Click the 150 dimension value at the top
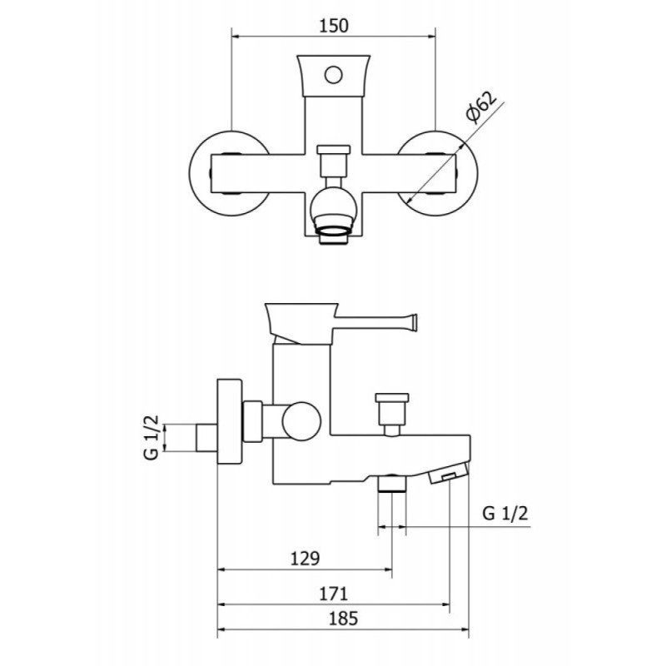[334, 26]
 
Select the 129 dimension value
[305, 558]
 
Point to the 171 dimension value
[334, 594]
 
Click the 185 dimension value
[343, 619]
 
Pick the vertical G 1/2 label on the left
[152, 437]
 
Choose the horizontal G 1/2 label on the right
[505, 514]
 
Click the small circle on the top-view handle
[334, 75]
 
